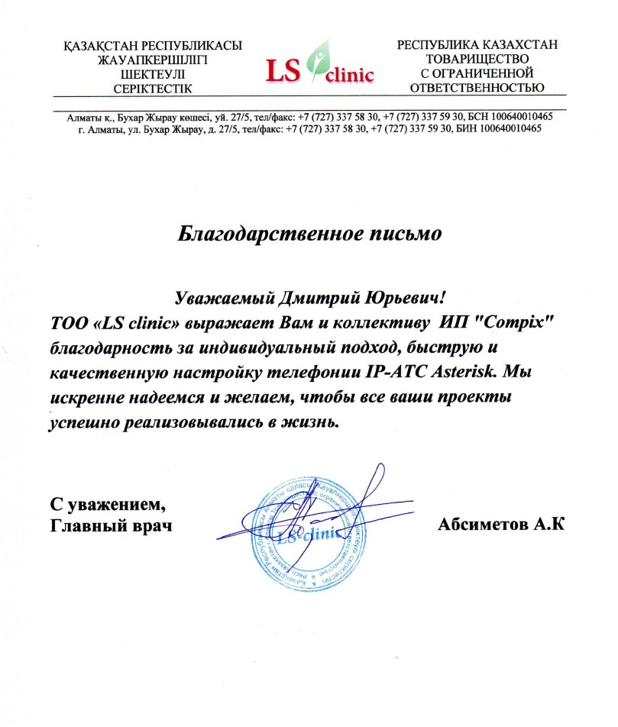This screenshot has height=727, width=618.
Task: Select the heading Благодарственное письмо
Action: (x=309, y=231)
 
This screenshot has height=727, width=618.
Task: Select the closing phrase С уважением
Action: (x=107, y=505)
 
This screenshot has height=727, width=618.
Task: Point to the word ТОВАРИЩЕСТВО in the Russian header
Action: (x=478, y=60)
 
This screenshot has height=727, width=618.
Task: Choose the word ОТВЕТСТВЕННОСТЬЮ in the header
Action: (x=478, y=87)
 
